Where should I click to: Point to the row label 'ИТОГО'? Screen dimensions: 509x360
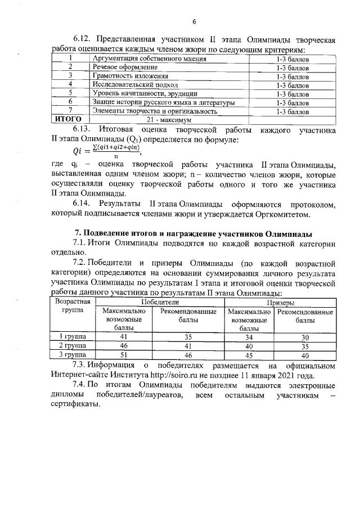[67, 120]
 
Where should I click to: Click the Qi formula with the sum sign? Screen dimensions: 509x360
[106, 151]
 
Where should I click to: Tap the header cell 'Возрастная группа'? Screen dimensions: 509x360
[72, 307]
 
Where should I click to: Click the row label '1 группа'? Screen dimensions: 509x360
[72, 336]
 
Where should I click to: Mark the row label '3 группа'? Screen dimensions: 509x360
[72, 355]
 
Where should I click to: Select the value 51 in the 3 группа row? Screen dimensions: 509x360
[124, 355]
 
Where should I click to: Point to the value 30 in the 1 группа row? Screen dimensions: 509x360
[305, 336]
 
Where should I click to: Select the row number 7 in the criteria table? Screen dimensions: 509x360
[71, 111]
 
